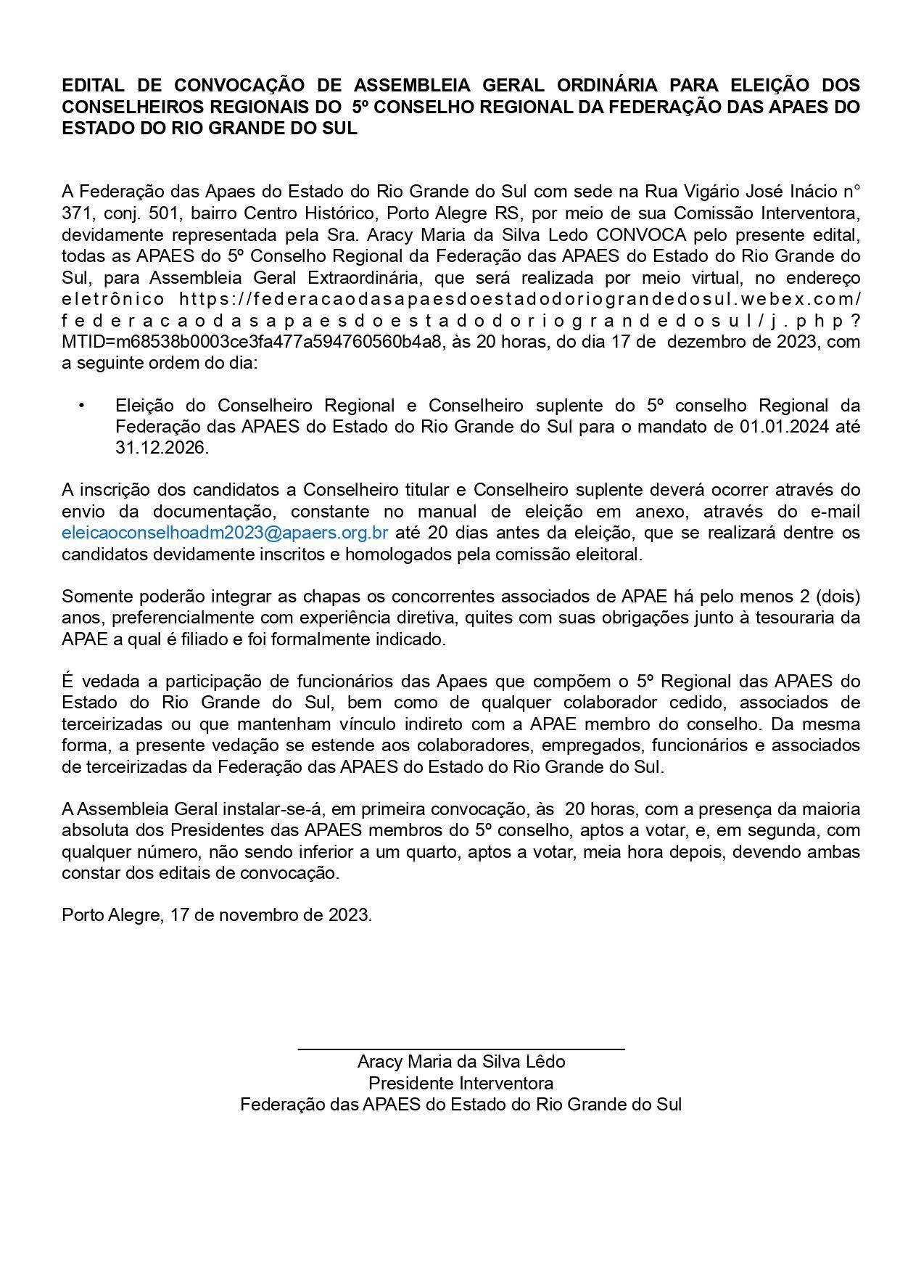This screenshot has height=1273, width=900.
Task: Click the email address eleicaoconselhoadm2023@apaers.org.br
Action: tap(225, 533)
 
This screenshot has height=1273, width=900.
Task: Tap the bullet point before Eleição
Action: tap(82, 405)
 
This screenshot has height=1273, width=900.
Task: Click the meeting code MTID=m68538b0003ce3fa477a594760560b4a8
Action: tap(252, 341)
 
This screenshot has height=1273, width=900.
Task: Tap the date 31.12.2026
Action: tap(162, 448)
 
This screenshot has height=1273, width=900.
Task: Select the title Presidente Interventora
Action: tap(461, 1084)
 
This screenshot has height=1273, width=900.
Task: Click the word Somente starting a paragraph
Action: tap(95, 597)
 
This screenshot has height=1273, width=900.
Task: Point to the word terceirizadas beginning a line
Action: tap(110, 724)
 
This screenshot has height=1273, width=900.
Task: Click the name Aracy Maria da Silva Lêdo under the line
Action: tap(461, 1062)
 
